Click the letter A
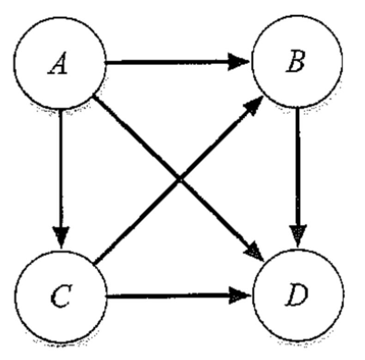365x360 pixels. pos(59,64)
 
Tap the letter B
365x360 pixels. pos(295,61)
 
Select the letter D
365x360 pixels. pos(296,297)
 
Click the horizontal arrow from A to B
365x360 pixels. pos(171,62)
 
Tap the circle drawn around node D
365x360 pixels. pos(342,295)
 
